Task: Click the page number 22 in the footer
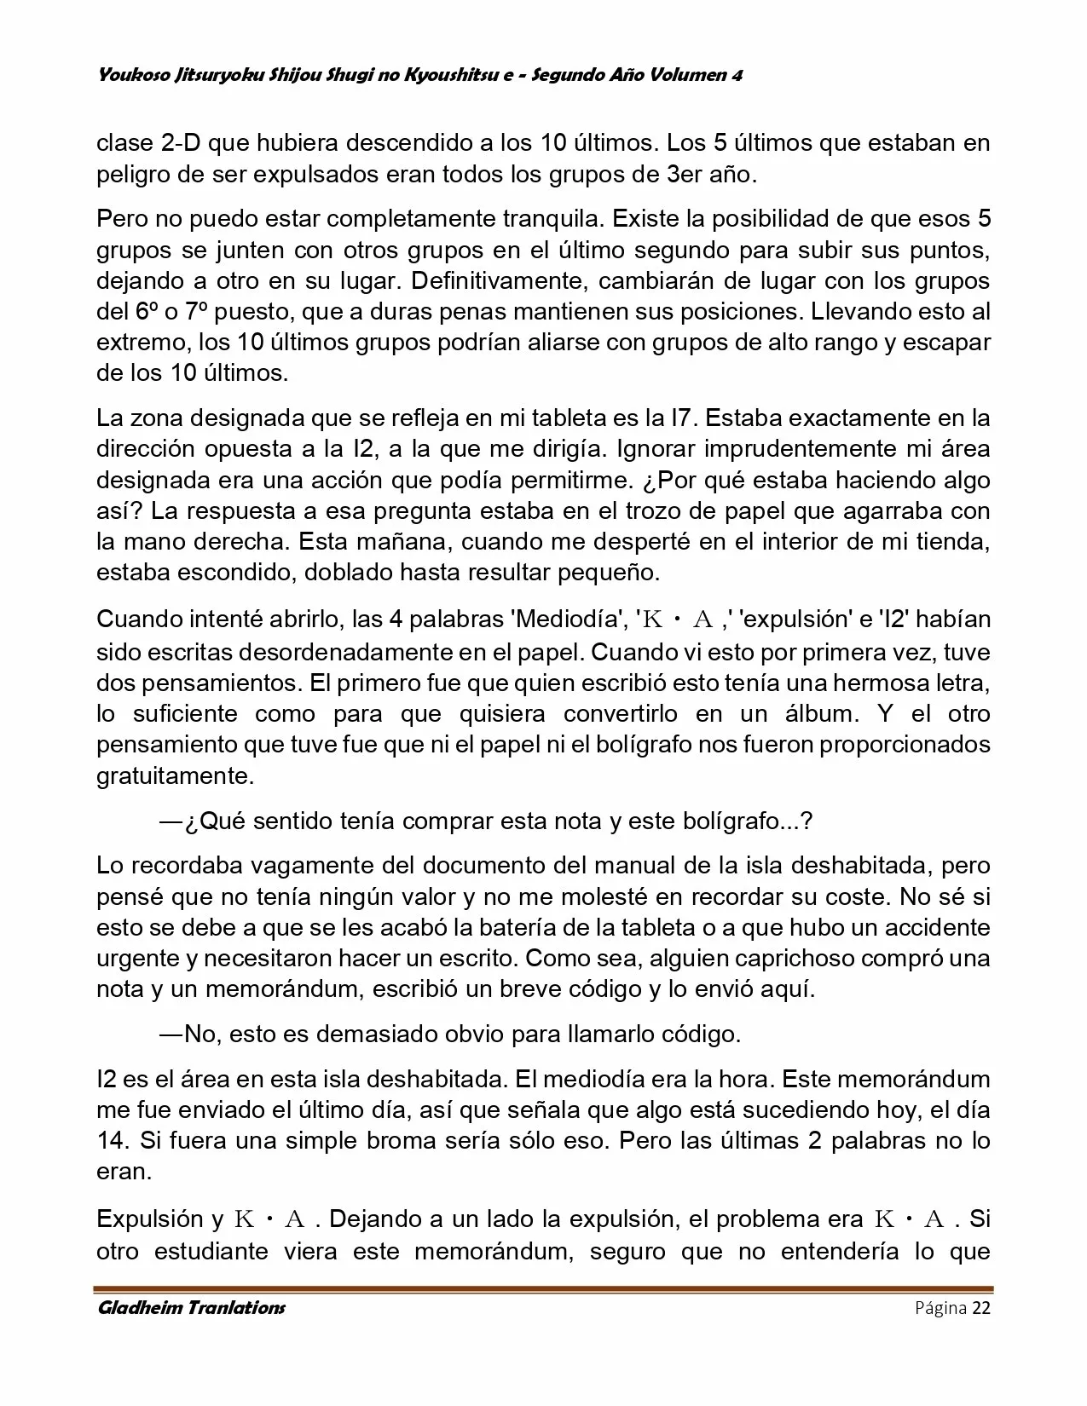980,1309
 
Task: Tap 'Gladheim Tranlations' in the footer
191,1308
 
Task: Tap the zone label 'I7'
677,418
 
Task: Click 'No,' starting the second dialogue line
203,1034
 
